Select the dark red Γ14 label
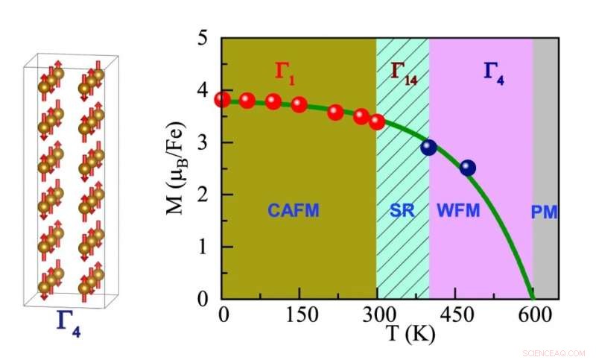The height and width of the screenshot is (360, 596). click(404, 72)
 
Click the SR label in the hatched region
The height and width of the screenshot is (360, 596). click(402, 212)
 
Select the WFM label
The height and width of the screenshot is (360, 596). click(458, 212)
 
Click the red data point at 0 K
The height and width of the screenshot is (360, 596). click(223, 100)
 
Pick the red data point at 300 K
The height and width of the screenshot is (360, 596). click(377, 121)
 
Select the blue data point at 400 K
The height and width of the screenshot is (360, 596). click(428, 148)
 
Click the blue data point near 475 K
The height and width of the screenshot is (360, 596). click(468, 168)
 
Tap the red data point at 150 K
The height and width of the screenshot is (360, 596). click(299, 104)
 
